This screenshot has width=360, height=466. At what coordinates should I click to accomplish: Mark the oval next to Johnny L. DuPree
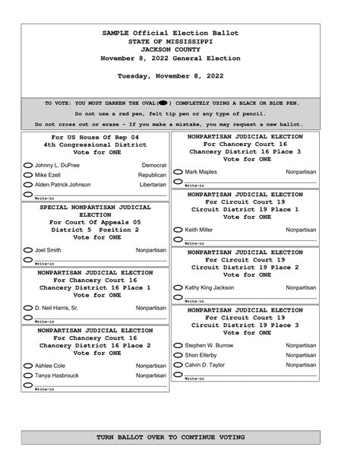click(x=28, y=165)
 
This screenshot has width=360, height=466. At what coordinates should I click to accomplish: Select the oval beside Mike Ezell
click(x=28, y=175)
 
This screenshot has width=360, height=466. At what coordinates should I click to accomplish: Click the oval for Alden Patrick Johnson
click(x=28, y=184)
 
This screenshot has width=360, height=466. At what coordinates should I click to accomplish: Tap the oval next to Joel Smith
click(x=28, y=249)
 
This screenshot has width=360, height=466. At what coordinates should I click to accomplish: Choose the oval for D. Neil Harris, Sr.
click(x=28, y=308)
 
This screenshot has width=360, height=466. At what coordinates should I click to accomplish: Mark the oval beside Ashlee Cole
click(x=28, y=366)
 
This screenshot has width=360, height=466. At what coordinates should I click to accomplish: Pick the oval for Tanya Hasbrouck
click(x=28, y=376)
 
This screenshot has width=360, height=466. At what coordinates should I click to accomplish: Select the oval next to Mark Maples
click(x=178, y=172)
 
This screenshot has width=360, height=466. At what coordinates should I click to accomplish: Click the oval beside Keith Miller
click(x=178, y=230)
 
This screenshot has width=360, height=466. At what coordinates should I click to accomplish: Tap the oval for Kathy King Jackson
click(x=178, y=287)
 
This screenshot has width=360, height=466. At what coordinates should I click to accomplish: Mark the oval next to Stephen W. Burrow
click(x=178, y=345)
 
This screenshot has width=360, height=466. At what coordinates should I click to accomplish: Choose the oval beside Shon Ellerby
click(x=178, y=355)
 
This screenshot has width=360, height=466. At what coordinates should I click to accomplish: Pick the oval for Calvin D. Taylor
click(x=178, y=365)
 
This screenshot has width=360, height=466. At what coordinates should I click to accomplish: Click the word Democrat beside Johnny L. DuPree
click(x=153, y=165)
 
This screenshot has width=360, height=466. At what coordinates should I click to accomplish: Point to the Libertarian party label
click(x=152, y=184)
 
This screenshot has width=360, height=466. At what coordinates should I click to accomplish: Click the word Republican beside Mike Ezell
click(x=151, y=175)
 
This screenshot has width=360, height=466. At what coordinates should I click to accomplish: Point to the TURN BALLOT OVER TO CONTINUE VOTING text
click(x=170, y=438)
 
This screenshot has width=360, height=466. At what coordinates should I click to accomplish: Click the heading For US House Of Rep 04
click(x=95, y=136)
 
